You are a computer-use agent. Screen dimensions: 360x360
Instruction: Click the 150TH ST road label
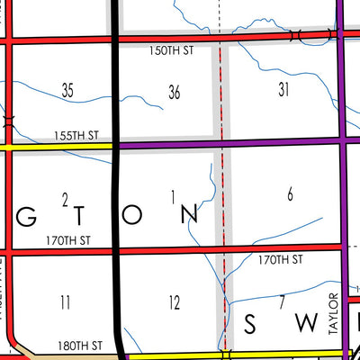[x=171, y=52]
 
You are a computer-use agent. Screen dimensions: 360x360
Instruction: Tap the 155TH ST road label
[x=76, y=135]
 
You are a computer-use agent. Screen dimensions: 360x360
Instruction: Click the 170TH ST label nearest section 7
[x=281, y=259]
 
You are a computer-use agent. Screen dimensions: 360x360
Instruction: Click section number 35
[x=67, y=90]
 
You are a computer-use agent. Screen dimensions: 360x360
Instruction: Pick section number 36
[x=175, y=90]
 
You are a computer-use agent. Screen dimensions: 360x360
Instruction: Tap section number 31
[x=284, y=88]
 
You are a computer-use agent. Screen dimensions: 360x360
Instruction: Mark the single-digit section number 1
[x=171, y=195]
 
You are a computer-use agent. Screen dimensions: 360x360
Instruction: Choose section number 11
[x=65, y=302]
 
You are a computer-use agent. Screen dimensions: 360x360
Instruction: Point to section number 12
[x=174, y=301]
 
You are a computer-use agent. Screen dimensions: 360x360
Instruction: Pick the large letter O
[x=132, y=214]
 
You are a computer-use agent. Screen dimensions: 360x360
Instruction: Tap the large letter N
[x=188, y=214]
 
